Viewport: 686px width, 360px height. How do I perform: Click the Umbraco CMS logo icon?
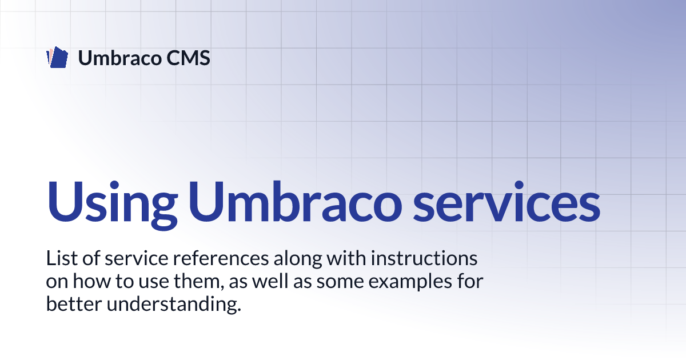[57, 57]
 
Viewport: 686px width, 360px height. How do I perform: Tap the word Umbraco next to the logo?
[119, 58]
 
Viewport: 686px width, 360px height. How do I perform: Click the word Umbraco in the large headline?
[295, 201]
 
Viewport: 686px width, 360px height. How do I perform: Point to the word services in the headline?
[506, 201]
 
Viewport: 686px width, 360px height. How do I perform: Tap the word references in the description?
[221, 258]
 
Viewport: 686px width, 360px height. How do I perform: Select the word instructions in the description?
[424, 258]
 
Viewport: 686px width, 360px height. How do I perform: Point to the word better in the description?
[74, 304]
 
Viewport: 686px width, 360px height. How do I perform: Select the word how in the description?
[91, 281]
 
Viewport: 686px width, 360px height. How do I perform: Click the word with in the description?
[346, 258]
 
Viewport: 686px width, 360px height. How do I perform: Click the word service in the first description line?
[136, 258]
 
